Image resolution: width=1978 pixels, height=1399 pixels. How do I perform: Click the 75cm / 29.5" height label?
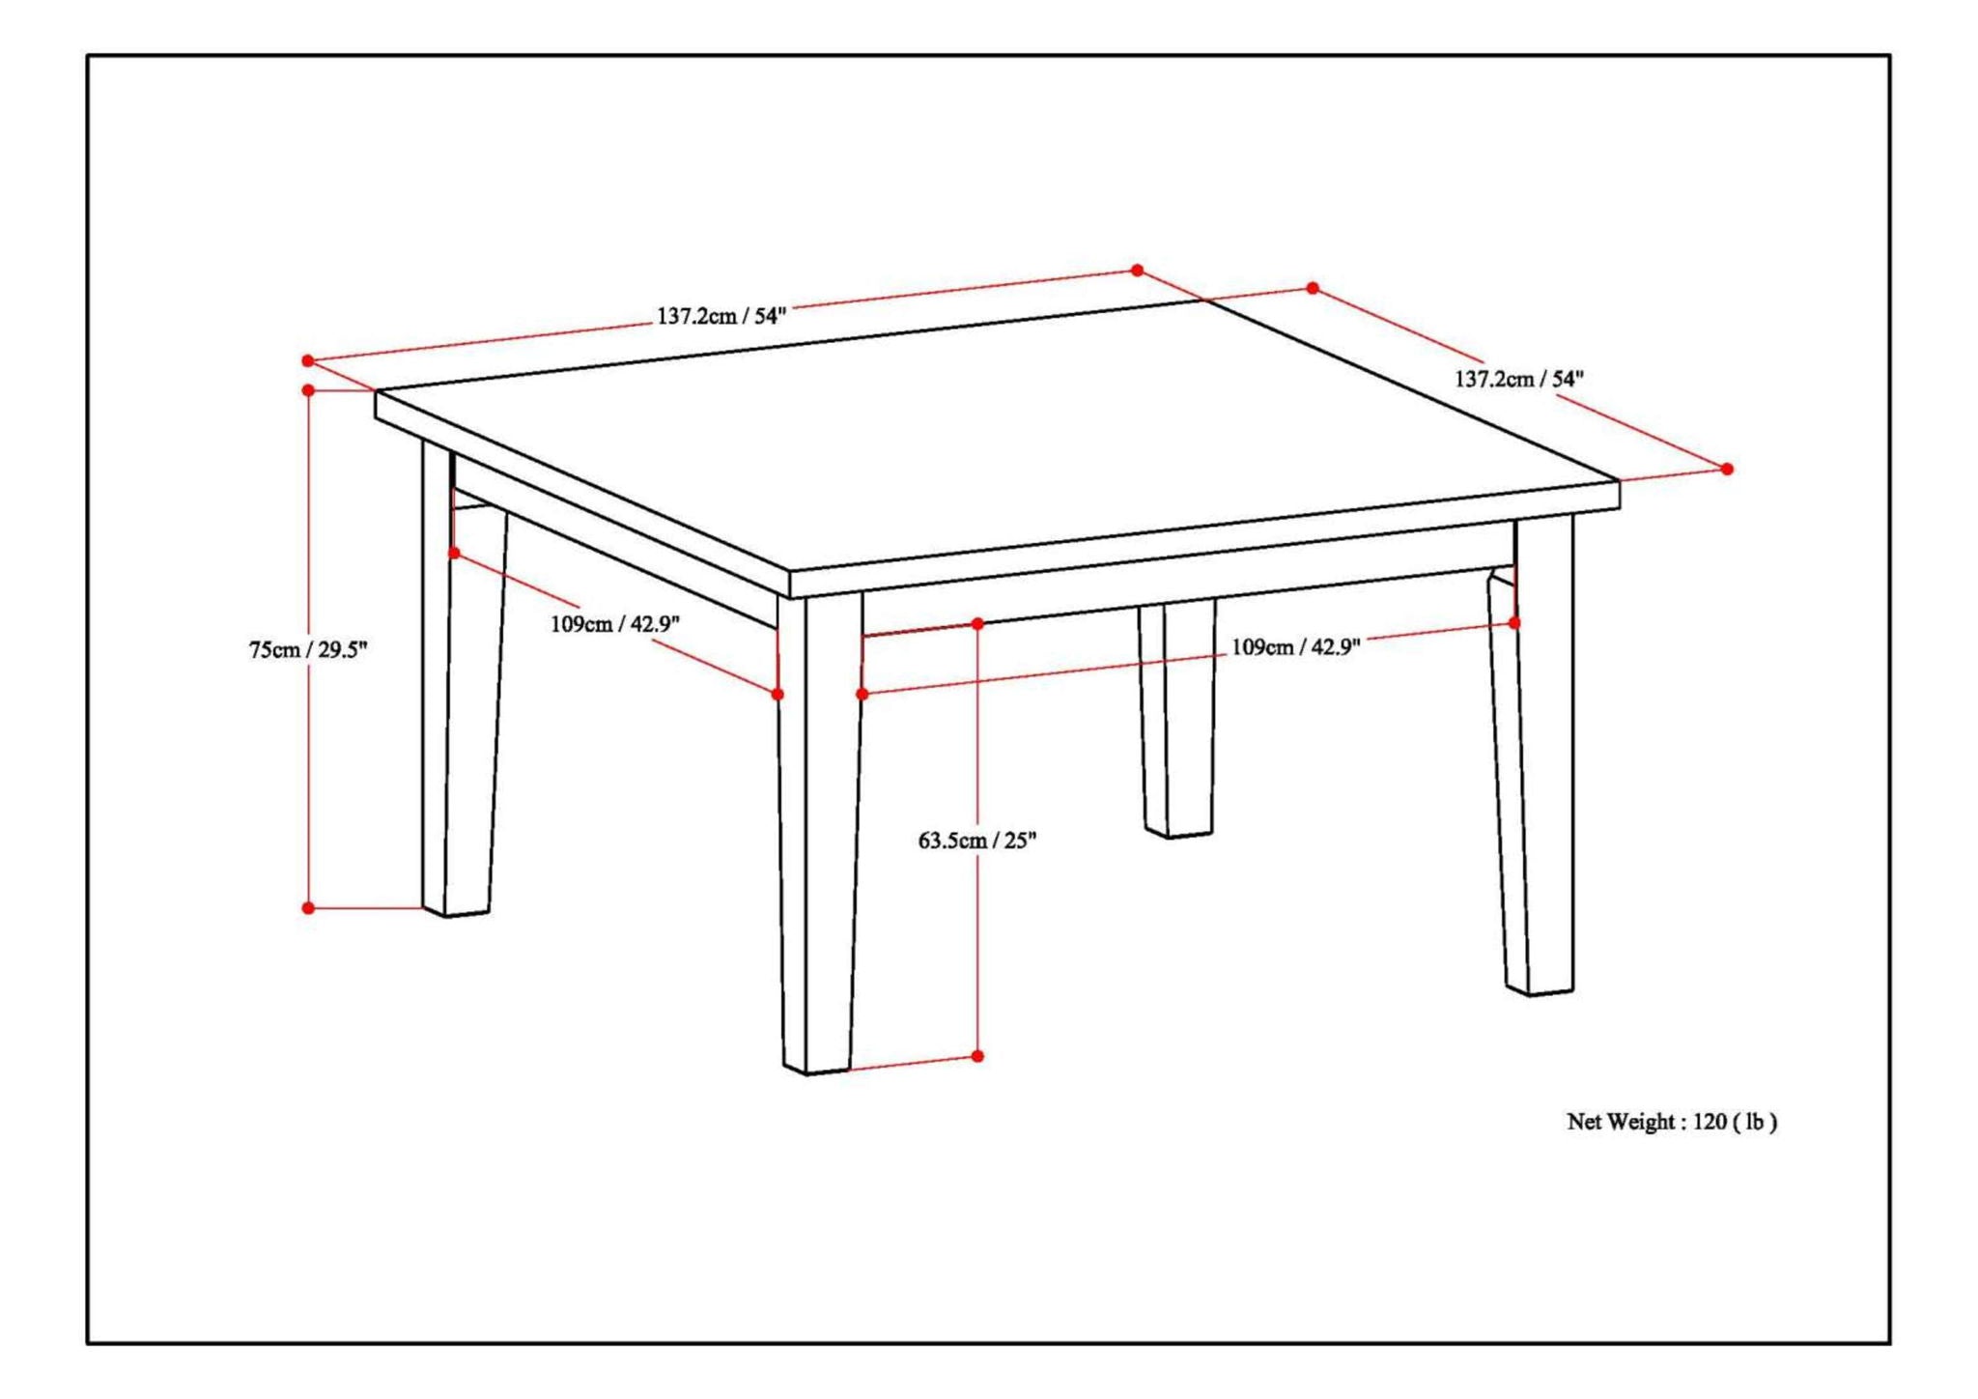pos(308,649)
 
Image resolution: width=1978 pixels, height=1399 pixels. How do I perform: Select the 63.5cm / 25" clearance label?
pos(976,841)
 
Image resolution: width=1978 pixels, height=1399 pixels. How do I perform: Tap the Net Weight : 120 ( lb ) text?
pos(1671,1122)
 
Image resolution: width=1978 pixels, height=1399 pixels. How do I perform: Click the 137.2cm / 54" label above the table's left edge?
pos(721,315)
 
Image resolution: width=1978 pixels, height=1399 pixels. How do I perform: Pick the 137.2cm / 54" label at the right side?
pos(1519,379)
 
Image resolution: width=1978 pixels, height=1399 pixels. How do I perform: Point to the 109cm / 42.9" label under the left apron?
pos(615,624)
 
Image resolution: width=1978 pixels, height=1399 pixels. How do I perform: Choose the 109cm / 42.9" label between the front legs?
pos(1295,647)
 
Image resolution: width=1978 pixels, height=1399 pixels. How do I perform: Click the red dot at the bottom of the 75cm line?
pos(308,908)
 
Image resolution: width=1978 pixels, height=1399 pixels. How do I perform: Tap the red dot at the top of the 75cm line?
pos(308,390)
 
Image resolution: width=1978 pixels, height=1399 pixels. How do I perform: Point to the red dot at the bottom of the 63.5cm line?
pos(977,1056)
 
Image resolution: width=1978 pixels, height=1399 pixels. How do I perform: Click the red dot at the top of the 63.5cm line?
pos(977,624)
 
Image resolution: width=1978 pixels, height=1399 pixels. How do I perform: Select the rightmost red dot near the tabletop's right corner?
pos(1727,469)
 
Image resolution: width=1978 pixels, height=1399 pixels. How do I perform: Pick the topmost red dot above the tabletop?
pos(1137,271)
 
